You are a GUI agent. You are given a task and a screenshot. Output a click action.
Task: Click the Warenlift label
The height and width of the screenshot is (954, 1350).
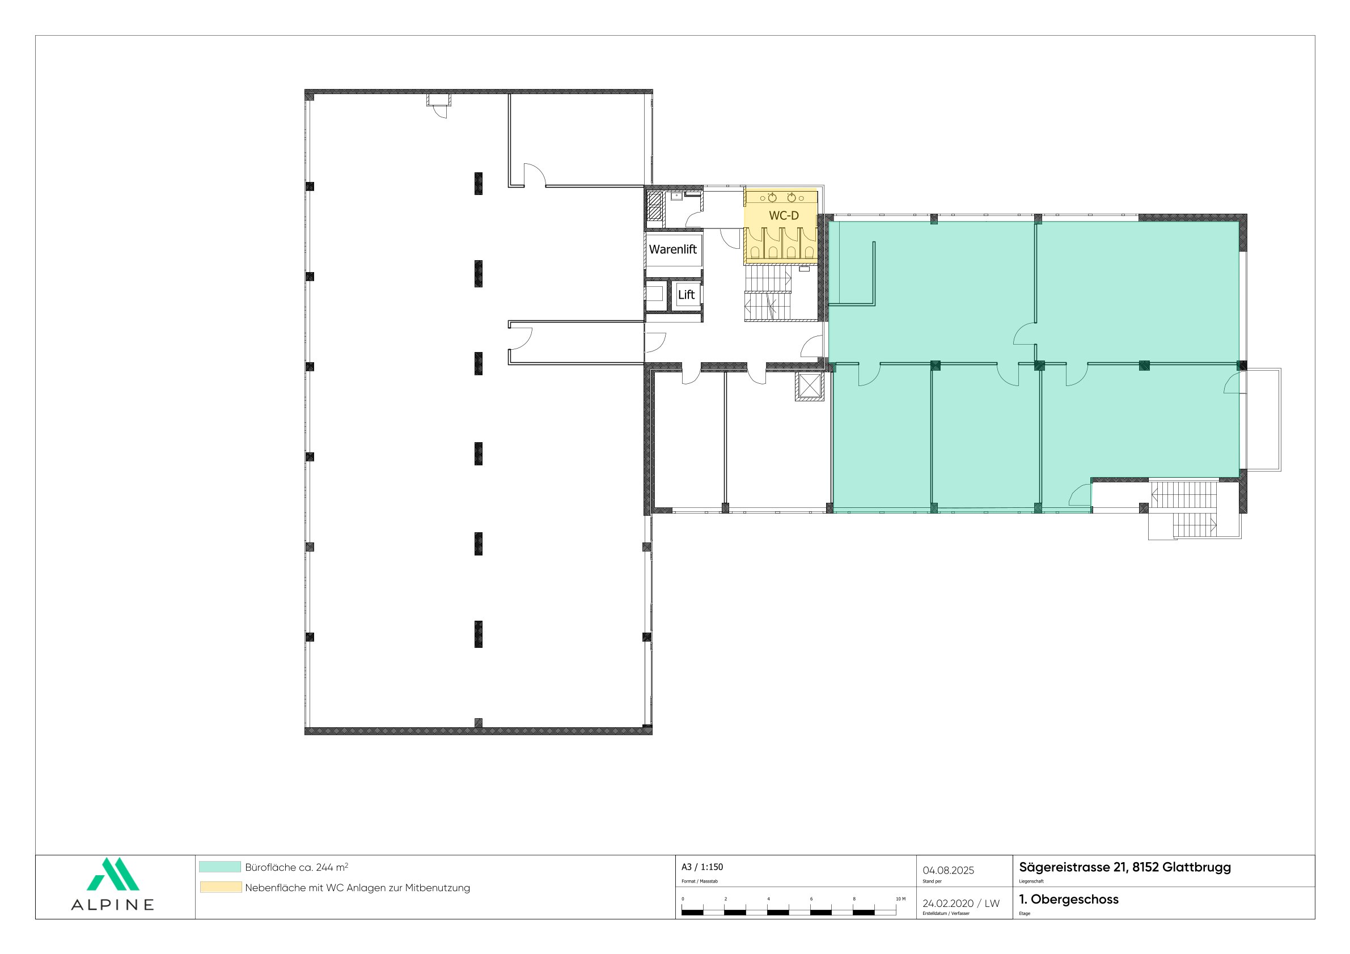(672, 249)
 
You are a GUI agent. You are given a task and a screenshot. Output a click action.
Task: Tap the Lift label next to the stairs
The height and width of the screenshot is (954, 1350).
(686, 295)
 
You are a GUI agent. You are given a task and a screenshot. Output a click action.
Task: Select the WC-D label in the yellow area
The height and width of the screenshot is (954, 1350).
(784, 216)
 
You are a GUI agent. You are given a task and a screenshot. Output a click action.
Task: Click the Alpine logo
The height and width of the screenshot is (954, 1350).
(113, 884)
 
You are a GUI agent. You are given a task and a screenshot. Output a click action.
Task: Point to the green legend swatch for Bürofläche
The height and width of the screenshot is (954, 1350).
(220, 867)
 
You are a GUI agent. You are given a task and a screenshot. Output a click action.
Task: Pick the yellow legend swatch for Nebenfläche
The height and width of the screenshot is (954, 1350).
(221, 888)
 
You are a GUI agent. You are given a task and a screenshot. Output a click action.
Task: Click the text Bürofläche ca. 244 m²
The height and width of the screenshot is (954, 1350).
(297, 867)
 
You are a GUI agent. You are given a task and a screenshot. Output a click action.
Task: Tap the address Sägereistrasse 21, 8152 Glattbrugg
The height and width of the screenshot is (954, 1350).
(1125, 868)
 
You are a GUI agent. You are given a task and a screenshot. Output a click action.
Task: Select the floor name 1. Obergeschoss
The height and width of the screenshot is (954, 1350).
(1068, 900)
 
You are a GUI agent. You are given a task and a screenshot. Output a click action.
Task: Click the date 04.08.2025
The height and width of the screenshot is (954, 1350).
(949, 871)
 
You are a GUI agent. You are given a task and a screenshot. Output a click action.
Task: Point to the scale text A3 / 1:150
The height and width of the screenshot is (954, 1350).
(702, 867)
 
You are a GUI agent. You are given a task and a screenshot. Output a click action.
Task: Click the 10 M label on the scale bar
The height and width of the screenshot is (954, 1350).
(900, 900)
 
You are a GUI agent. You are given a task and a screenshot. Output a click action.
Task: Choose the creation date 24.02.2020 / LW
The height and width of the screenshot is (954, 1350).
(960, 904)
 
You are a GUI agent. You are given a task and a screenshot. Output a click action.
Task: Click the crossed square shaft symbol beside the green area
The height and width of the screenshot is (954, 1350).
(810, 387)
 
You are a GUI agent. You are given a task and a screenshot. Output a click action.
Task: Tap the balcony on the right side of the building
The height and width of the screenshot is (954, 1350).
(1260, 419)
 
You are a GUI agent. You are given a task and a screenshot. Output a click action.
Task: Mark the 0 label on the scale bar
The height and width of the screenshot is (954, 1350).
(683, 900)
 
